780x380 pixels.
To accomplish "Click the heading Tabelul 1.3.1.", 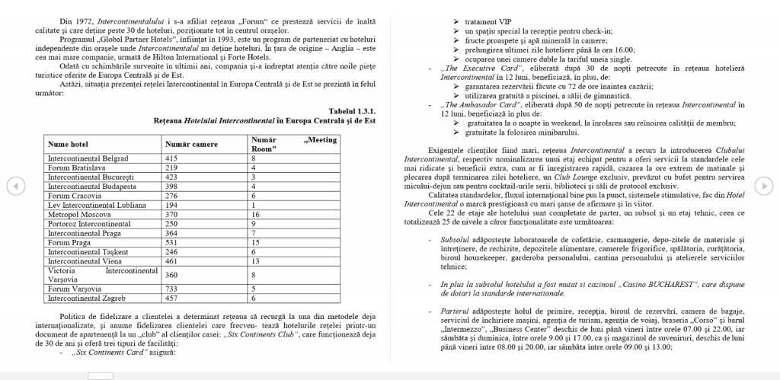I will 352,111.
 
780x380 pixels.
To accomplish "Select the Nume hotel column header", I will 69,144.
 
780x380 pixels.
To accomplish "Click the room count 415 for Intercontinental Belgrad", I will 171,158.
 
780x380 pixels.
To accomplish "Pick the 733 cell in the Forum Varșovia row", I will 171,289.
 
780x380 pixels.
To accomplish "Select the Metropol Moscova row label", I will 78,216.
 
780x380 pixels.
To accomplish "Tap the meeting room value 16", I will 256,216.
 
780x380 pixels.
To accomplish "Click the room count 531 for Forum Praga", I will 171,242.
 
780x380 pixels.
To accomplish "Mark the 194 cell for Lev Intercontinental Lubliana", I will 171,206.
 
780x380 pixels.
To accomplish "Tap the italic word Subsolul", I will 457,240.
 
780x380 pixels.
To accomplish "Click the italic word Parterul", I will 457,311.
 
